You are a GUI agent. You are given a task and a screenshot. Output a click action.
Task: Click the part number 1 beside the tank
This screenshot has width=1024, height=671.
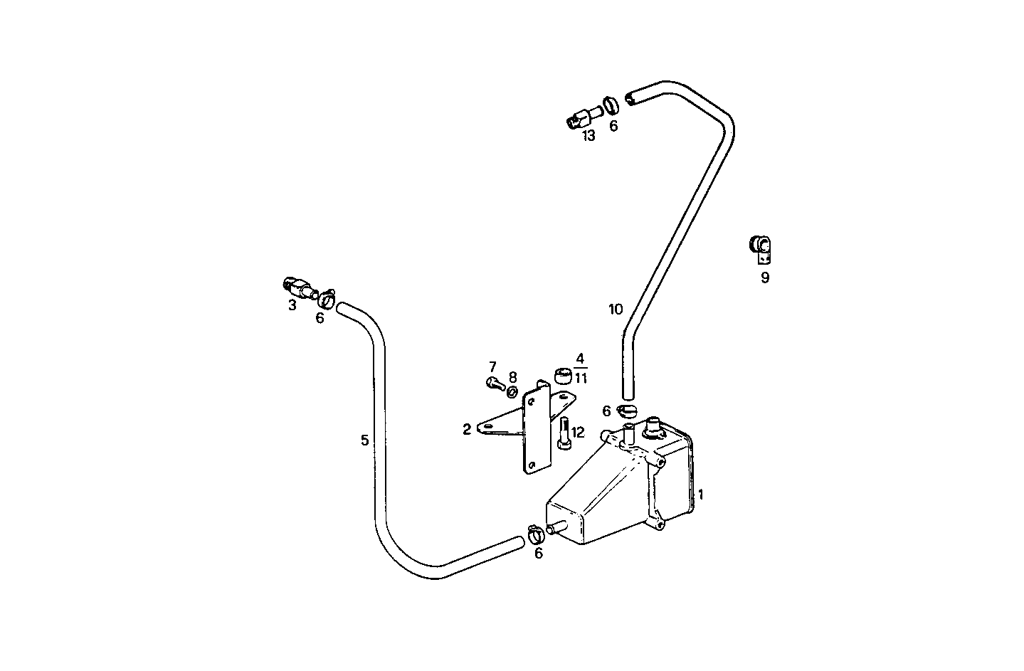(701, 494)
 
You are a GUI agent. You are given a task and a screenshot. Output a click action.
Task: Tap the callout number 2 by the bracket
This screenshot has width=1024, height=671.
(467, 429)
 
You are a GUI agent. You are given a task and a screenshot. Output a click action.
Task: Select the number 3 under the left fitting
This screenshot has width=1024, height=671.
(292, 305)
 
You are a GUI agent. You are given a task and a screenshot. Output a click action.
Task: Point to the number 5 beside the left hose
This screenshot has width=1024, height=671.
(365, 440)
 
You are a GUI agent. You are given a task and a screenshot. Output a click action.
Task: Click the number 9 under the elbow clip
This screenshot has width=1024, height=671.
(765, 278)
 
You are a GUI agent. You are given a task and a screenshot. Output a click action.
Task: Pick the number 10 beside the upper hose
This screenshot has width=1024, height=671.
(616, 309)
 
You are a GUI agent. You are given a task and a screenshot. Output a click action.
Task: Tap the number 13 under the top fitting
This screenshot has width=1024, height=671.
(588, 135)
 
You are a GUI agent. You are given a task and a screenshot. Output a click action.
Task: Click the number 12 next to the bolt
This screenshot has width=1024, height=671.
(577, 432)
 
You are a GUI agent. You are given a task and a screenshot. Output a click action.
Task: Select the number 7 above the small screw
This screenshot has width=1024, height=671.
(492, 366)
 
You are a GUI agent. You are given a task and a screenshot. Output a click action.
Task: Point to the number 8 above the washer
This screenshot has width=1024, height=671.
(512, 376)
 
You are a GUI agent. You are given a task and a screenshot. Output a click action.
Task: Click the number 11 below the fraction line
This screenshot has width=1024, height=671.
(581, 378)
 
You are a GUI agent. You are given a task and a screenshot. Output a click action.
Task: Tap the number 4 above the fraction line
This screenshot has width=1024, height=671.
(580, 358)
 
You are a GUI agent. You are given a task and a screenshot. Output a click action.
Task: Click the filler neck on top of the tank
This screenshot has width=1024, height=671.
(652, 429)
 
